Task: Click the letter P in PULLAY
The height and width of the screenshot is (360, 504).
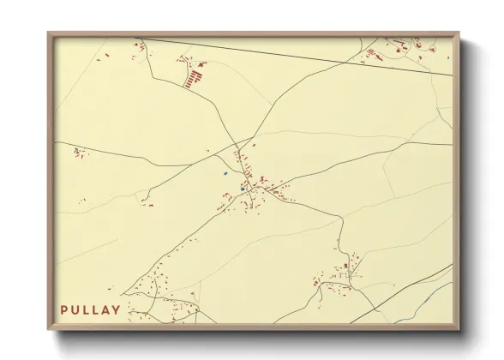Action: pyautogui.click(x=64, y=309)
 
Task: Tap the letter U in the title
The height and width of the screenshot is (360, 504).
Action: pyautogui.click(x=76, y=309)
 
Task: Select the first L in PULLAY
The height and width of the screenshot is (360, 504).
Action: pyautogui.click(x=87, y=309)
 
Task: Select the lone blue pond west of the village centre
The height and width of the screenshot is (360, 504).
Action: pyautogui.click(x=225, y=173)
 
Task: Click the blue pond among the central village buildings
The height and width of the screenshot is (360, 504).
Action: pyautogui.click(x=243, y=189)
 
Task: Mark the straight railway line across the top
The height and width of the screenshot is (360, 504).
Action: pyautogui.click(x=300, y=55)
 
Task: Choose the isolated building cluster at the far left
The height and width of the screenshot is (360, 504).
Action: pyautogui.click(x=79, y=153)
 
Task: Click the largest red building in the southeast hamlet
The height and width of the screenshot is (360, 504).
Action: pyautogui.click(x=346, y=267)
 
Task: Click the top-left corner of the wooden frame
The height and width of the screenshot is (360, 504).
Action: pyautogui.click(x=49, y=33)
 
